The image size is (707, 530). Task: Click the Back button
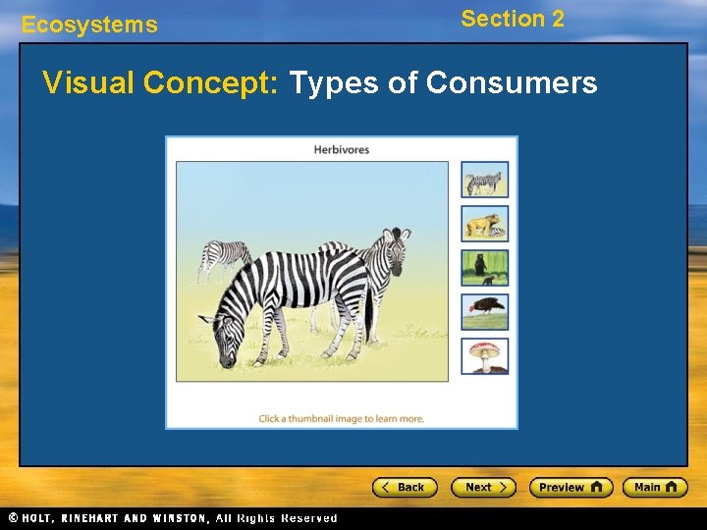tap(404, 487)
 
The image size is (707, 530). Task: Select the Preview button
tap(571, 487)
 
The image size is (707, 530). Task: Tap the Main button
tap(655, 487)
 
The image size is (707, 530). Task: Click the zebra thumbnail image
tap(485, 180)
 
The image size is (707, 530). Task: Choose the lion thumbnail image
tap(485, 224)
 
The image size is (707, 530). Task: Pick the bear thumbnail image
tap(485, 268)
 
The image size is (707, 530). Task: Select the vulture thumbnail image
tap(485, 312)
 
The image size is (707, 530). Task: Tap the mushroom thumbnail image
tap(485, 355)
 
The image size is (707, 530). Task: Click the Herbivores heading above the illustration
tap(342, 149)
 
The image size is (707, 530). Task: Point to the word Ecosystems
tap(89, 26)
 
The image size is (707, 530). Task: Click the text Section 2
tap(513, 19)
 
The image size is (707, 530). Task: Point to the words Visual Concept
tap(162, 83)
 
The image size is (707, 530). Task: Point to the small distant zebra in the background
tap(225, 257)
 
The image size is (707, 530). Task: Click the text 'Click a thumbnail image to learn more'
tap(342, 418)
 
